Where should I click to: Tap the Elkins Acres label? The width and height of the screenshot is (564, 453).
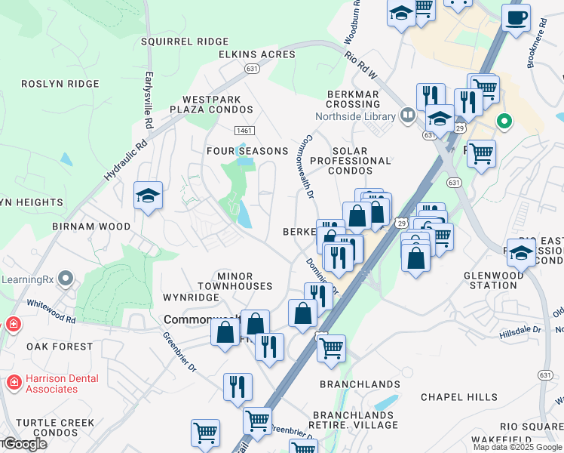click(257, 54)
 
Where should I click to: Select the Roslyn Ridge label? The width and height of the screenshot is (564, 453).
click(60, 84)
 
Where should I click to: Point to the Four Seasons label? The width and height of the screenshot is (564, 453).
click(248, 151)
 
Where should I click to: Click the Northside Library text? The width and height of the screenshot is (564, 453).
click(355, 116)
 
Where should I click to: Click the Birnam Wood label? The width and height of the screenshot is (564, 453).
click(91, 226)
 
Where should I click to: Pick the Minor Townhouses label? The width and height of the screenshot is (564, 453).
click(235, 281)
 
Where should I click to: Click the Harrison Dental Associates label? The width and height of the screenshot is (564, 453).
click(51, 384)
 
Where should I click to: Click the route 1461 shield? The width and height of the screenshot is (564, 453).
click(244, 131)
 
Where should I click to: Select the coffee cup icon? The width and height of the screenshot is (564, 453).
click(516, 17)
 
